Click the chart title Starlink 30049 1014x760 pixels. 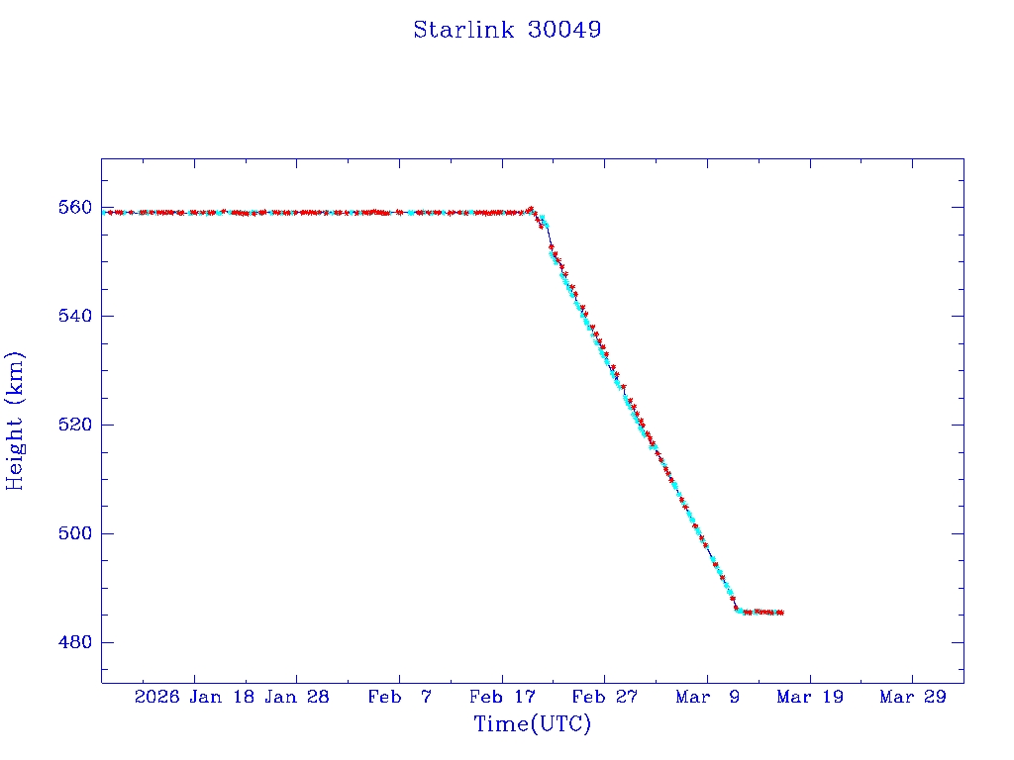pyautogui.click(x=507, y=30)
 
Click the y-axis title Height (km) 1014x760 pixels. pyautogui.click(x=15, y=421)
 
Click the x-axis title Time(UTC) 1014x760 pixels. pyautogui.click(x=533, y=724)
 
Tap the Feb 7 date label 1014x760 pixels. pyautogui.click(x=399, y=697)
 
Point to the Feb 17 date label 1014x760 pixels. pyautogui.click(x=502, y=697)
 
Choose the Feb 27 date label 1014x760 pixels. pyautogui.click(x=604, y=697)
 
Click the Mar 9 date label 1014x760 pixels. pyautogui.click(x=707, y=697)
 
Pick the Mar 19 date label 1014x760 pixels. pyautogui.click(x=810, y=697)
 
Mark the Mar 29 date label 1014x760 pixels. pyautogui.click(x=913, y=697)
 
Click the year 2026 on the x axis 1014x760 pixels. pyautogui.click(x=157, y=697)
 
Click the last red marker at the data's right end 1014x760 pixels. pyautogui.click(x=781, y=613)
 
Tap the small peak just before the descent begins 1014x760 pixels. pyautogui.click(x=532, y=209)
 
